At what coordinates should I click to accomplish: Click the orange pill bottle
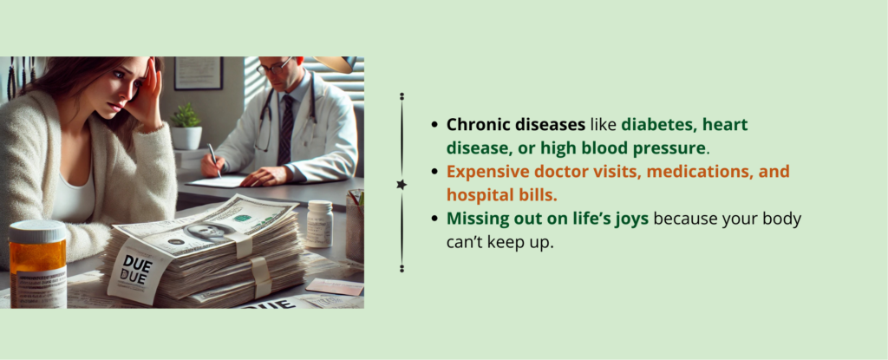click(x=37, y=265)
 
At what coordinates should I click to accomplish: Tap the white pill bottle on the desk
click(x=319, y=223)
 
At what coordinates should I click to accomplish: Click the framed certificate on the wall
click(x=199, y=73)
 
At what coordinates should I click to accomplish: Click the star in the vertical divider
click(x=402, y=184)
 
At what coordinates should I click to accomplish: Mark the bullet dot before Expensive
click(x=434, y=171)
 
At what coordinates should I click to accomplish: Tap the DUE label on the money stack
click(x=136, y=270)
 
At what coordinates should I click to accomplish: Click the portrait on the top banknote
click(x=206, y=232)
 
